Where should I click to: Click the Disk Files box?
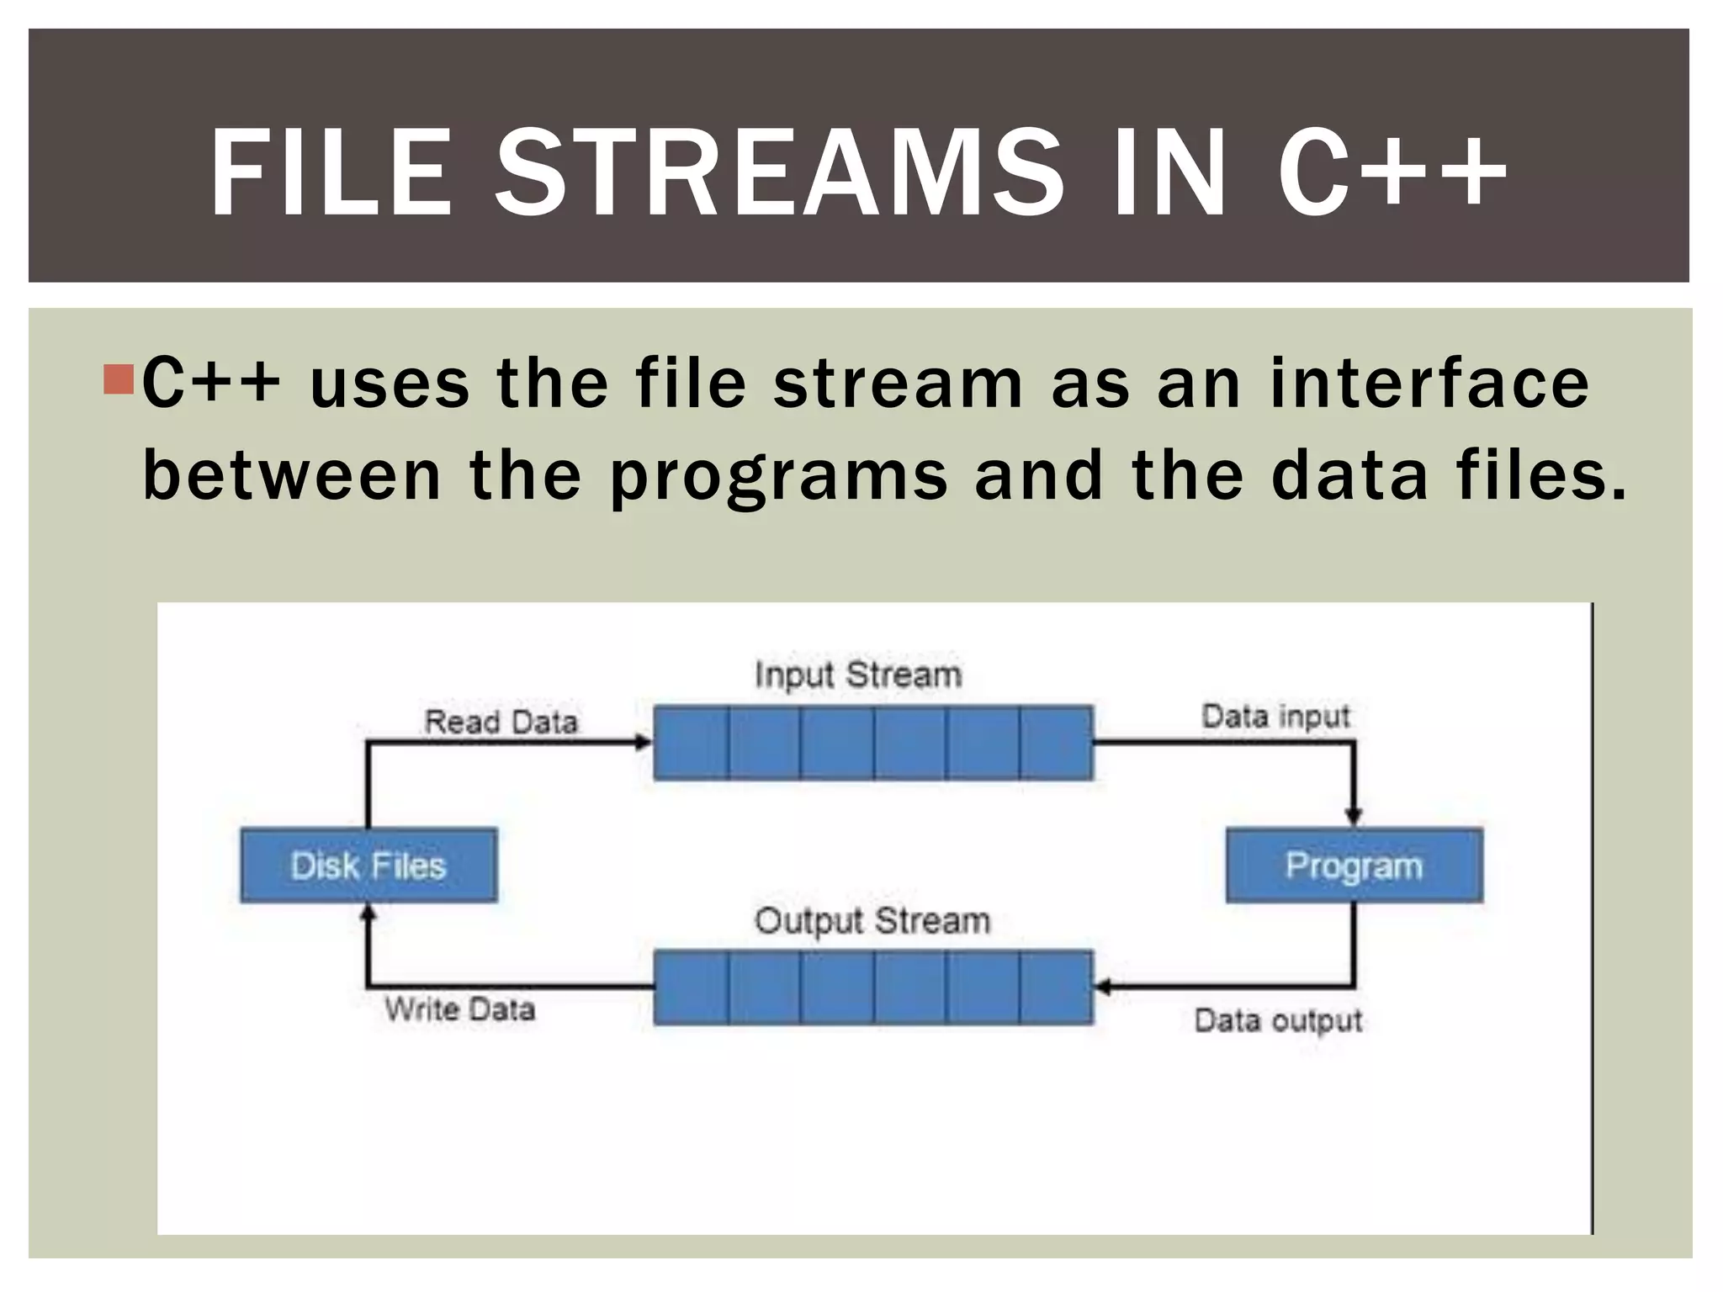(x=368, y=866)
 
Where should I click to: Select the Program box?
(x=1354, y=866)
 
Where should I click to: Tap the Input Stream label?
(x=857, y=675)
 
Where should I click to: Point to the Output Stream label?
(x=872, y=921)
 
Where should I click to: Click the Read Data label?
(x=501, y=722)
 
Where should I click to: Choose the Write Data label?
(x=460, y=1009)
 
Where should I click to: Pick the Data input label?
(x=1275, y=717)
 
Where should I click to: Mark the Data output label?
(x=1278, y=1020)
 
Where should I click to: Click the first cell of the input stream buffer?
(x=691, y=743)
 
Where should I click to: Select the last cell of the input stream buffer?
(x=1057, y=743)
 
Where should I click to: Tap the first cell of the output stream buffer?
(x=691, y=988)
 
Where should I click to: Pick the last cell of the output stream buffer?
(x=1057, y=988)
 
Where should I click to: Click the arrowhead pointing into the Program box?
(x=1353, y=816)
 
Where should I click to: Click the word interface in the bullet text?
(x=1429, y=384)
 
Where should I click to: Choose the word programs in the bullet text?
(x=778, y=476)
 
